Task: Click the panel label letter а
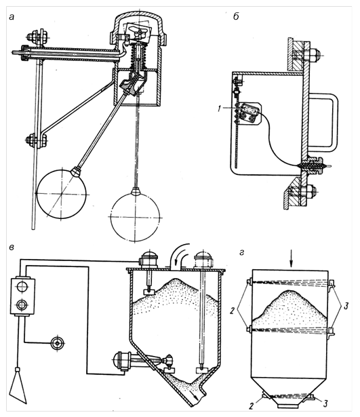[x=12, y=17]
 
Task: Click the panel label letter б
[x=236, y=16]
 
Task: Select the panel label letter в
[x=12, y=247]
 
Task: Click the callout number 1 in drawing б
[x=220, y=109]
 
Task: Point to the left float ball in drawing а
[x=61, y=193]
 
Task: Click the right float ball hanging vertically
[x=136, y=216]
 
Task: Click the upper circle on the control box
[x=22, y=287]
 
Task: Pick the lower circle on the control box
[x=22, y=304]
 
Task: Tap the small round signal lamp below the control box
[x=58, y=343]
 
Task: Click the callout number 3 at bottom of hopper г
[x=325, y=403]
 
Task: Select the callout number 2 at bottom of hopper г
[x=252, y=405]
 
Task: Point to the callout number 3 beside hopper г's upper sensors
[x=346, y=306]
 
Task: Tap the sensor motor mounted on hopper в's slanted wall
[x=121, y=361]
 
